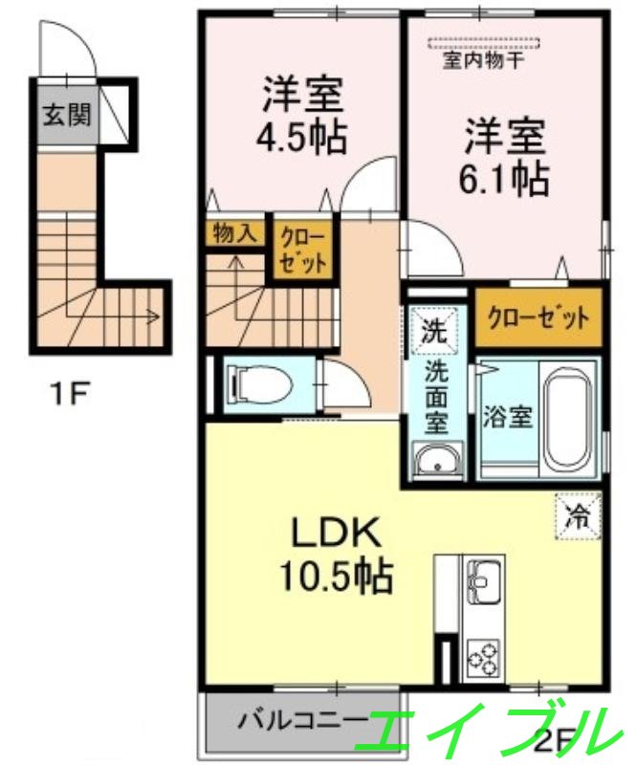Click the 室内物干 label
(x=482, y=59)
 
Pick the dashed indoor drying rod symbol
(x=484, y=41)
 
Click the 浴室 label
(x=507, y=418)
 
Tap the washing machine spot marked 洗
(x=434, y=334)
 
